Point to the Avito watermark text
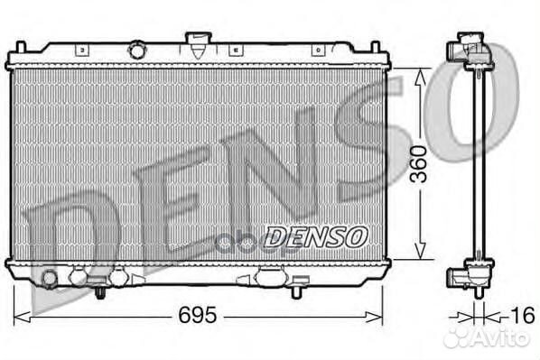click(501, 337)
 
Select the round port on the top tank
click(137, 46)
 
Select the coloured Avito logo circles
click(459, 337)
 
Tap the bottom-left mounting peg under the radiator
click(100, 291)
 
